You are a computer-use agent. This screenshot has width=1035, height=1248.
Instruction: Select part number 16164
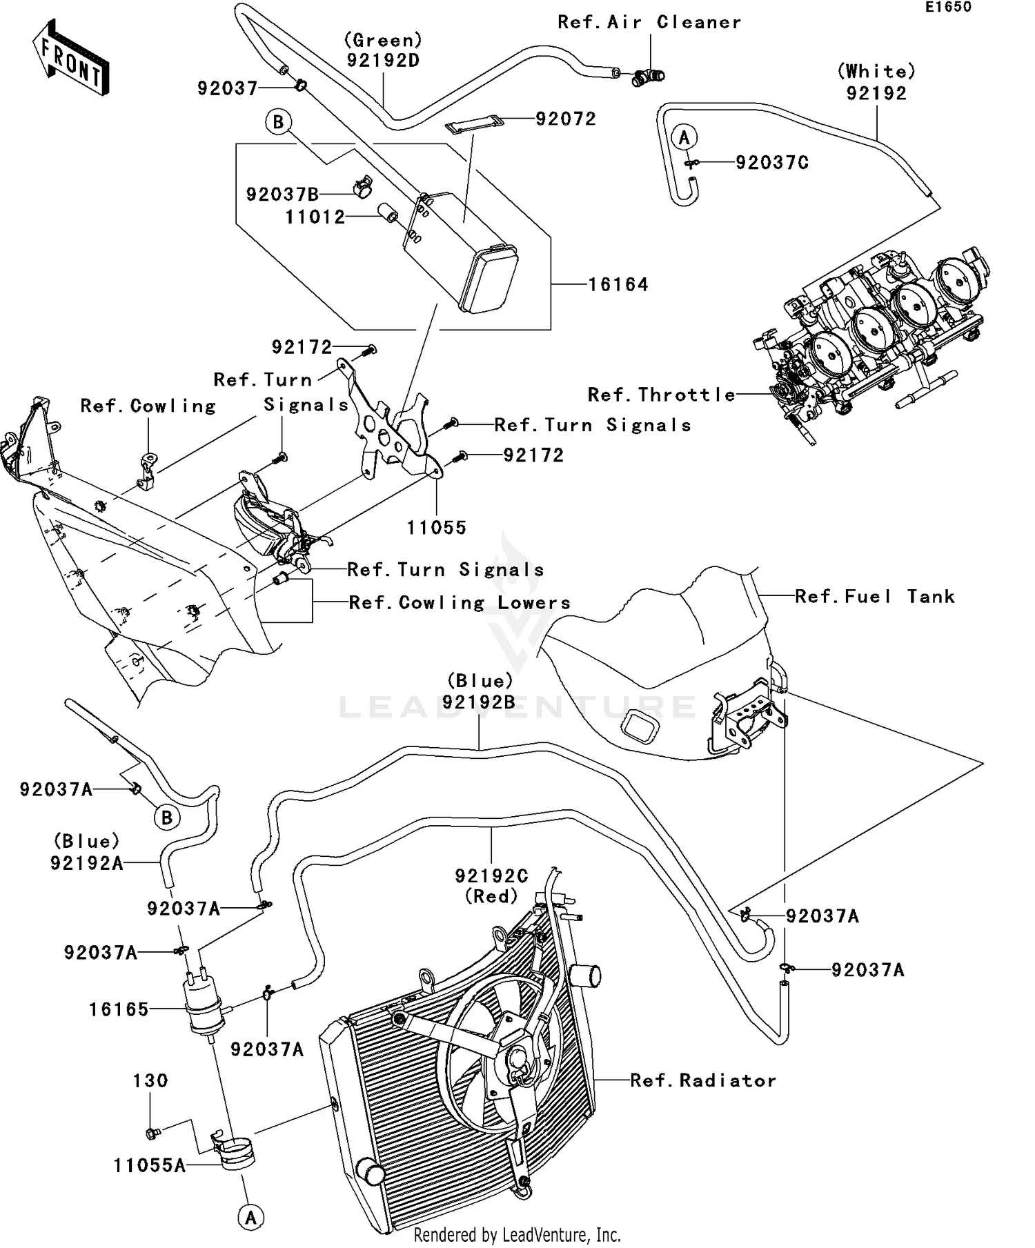tap(618, 285)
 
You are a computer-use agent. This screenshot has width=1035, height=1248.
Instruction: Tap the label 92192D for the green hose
tap(383, 60)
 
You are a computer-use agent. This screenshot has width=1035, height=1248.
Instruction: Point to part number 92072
tap(565, 119)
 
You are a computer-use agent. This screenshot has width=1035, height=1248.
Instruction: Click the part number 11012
tap(315, 217)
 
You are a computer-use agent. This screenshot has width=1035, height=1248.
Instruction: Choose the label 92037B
tap(282, 195)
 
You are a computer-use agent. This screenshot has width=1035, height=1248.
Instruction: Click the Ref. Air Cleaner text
tap(649, 22)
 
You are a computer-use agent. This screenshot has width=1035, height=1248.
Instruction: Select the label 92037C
tap(772, 163)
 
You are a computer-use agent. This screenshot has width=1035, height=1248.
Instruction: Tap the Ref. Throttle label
tap(661, 395)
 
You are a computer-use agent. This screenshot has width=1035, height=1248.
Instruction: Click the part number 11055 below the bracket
tap(437, 528)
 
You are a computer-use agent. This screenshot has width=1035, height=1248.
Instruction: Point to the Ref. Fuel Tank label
tap(875, 596)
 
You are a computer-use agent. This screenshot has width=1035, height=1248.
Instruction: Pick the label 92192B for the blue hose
tap(480, 702)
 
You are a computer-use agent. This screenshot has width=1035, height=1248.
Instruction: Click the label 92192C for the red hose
tap(491, 876)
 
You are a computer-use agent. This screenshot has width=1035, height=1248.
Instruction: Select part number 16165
tap(119, 1010)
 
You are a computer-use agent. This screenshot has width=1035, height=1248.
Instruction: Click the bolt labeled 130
tap(152, 1133)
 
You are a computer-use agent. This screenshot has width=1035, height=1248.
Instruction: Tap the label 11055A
tap(150, 1166)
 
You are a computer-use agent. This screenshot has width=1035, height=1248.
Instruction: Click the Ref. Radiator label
tap(703, 1080)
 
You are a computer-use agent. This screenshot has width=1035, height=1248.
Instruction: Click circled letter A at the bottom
tap(250, 1218)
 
